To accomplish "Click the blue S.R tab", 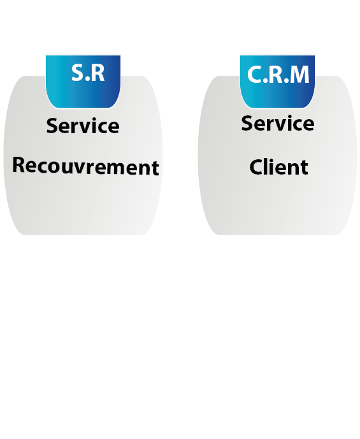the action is (x=83, y=82).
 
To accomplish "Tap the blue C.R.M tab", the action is (x=277, y=82).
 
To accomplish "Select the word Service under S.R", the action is (x=83, y=126).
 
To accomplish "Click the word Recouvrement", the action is (x=85, y=166).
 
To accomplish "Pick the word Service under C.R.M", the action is (x=278, y=123).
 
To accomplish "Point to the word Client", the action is (x=279, y=167).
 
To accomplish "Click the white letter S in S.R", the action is (x=78, y=73).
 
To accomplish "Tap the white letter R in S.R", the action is (x=98, y=73).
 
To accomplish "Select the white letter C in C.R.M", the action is (x=254, y=75).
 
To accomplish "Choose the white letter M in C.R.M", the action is (x=299, y=75).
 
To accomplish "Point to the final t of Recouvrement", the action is (x=155, y=168).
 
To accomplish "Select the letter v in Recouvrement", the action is (x=75, y=169).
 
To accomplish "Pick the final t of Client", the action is (x=305, y=168).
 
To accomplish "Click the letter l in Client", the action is (x=267, y=166).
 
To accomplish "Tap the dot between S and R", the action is (x=88, y=80).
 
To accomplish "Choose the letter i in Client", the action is (x=274, y=166).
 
